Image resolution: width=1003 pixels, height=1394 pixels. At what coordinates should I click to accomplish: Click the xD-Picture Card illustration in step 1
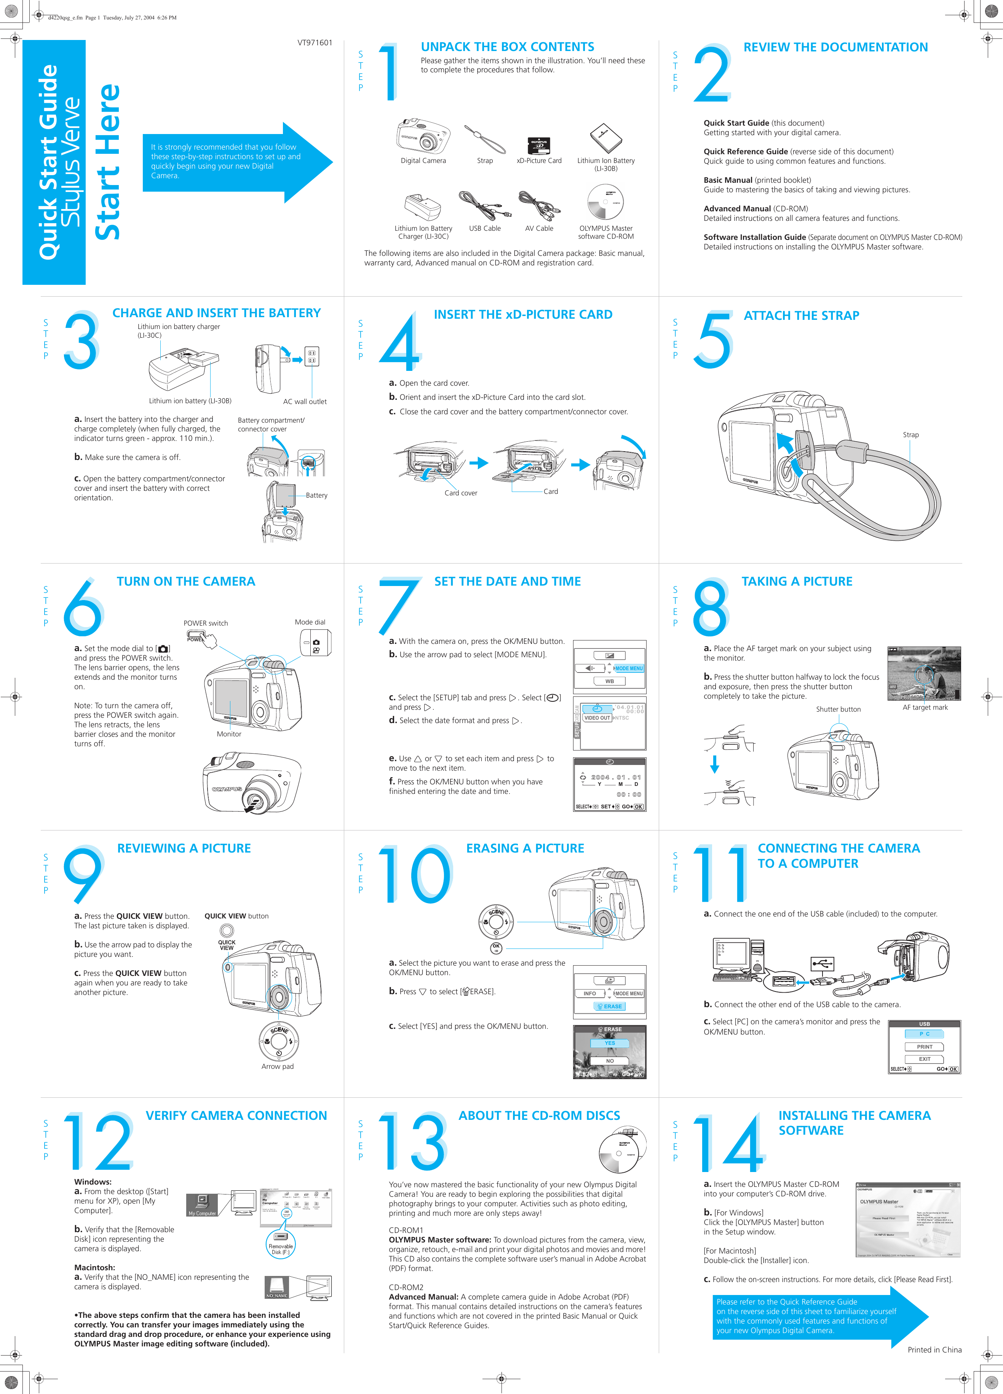539,145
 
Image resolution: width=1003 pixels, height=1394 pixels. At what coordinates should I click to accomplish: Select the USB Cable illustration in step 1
485,205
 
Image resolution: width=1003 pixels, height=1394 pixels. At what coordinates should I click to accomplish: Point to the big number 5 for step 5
713,340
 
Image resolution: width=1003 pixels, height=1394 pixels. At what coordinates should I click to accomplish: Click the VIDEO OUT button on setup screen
597,718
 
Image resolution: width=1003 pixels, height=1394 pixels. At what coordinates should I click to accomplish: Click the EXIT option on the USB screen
924,1059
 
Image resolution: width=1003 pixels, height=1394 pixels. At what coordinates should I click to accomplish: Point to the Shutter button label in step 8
838,709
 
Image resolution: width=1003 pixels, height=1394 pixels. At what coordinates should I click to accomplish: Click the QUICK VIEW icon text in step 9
227,945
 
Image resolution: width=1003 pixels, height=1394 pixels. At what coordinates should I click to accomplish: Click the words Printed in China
934,1350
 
